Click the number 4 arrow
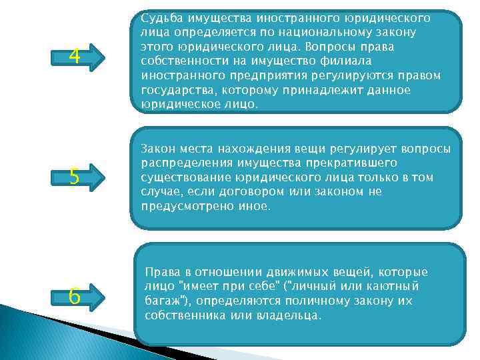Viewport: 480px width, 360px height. (x=78, y=57)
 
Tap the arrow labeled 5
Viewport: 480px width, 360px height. (x=78, y=177)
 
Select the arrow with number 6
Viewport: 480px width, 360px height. (x=78, y=295)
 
